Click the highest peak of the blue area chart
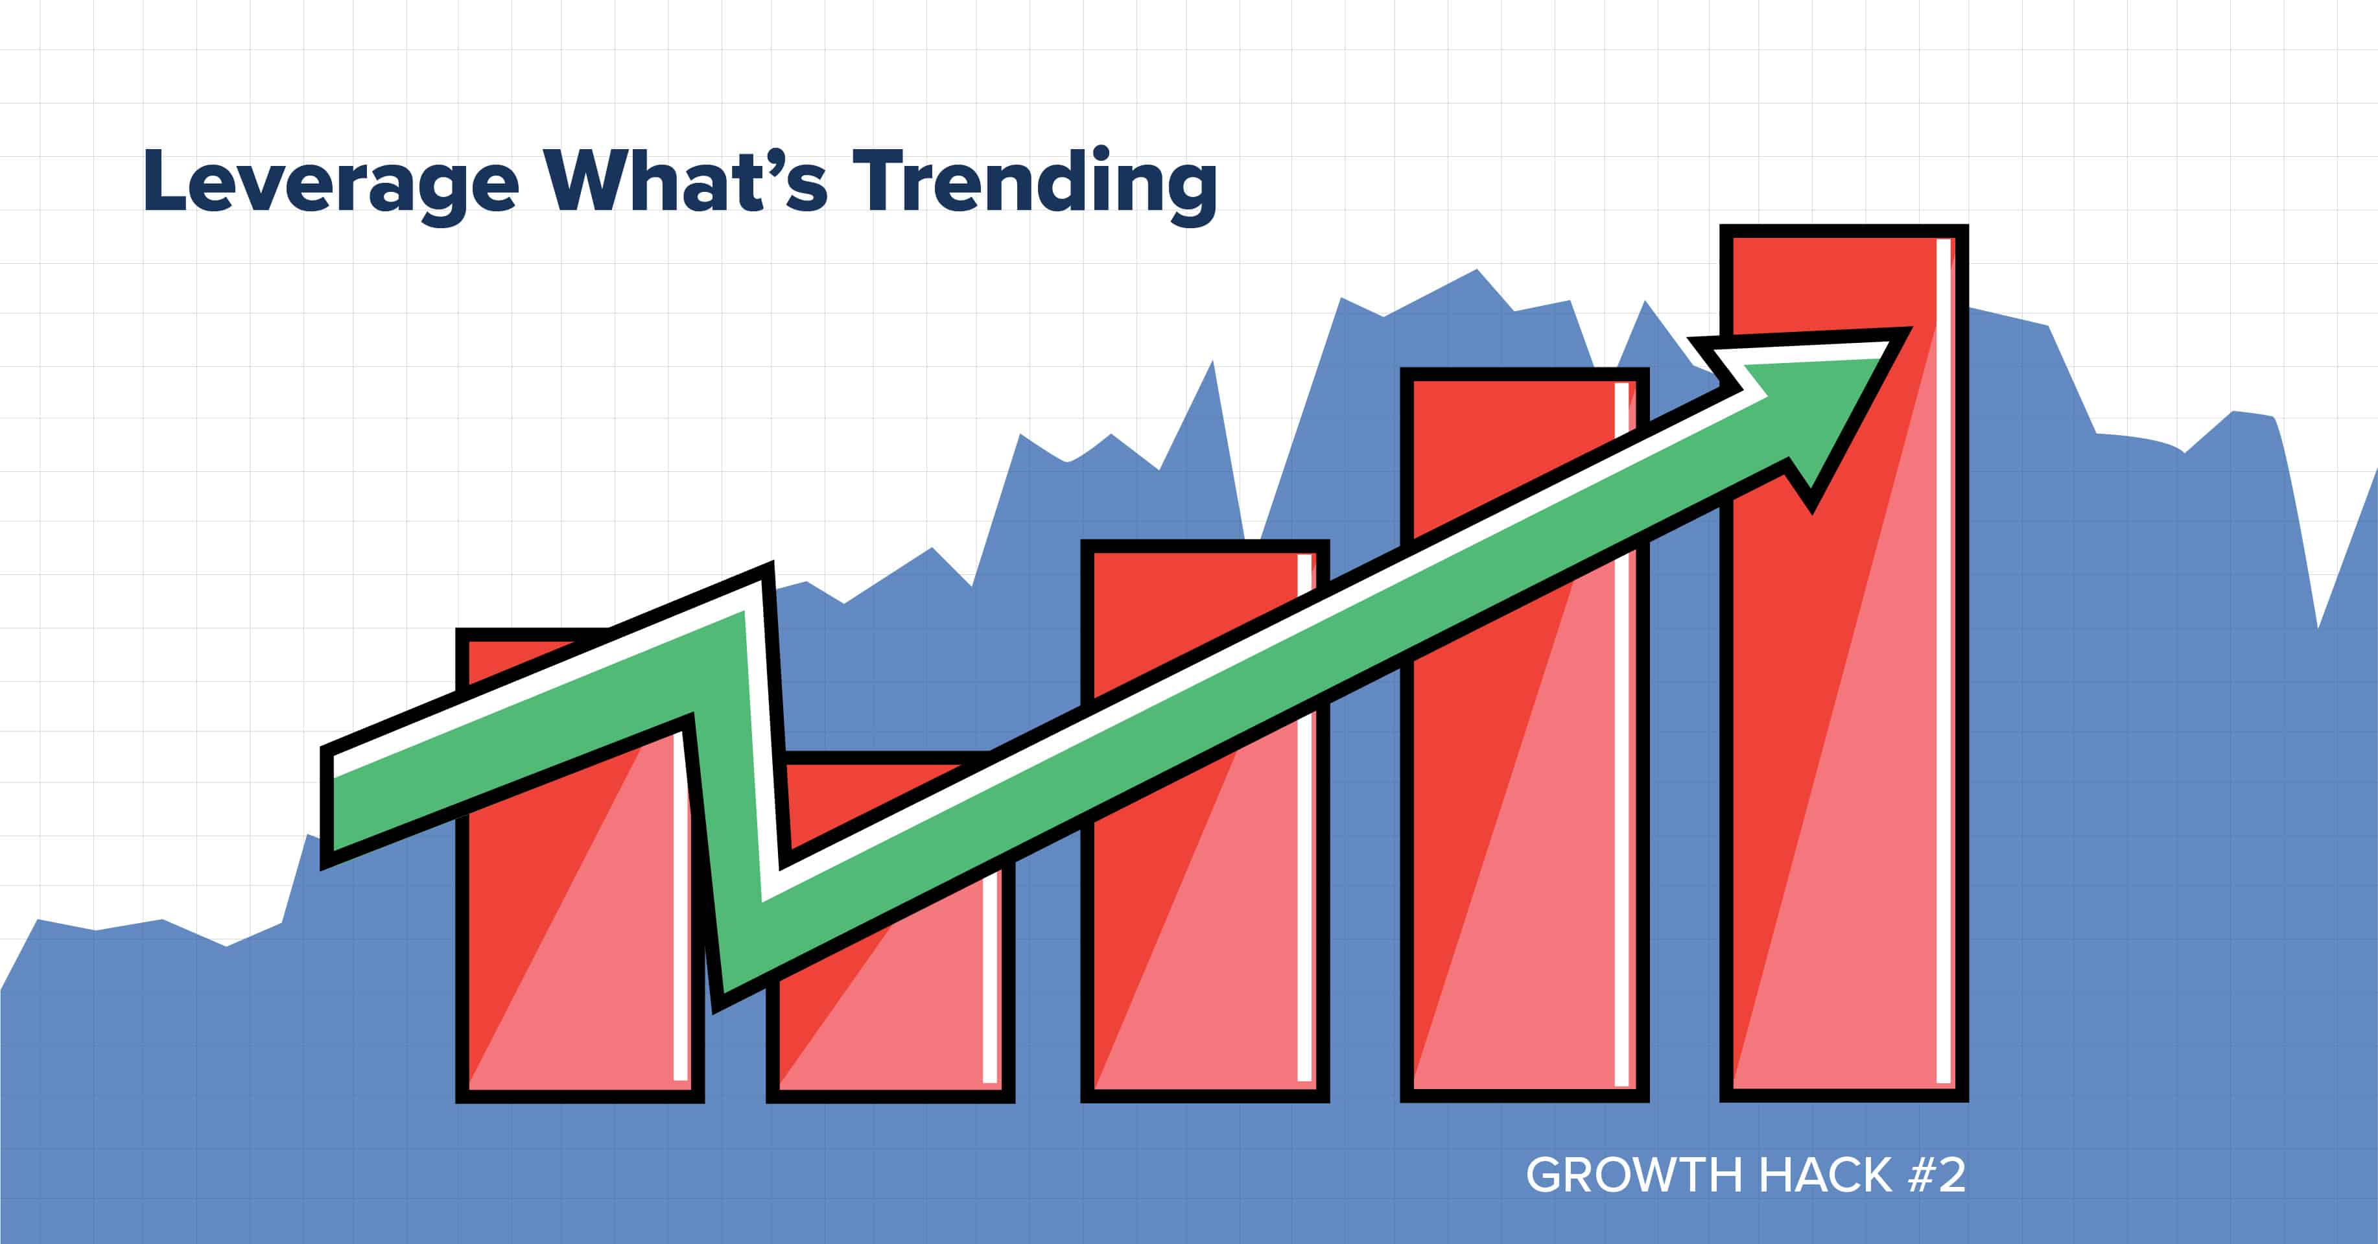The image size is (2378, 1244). click(x=1477, y=270)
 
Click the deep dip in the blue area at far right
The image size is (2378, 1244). click(x=2317, y=626)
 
